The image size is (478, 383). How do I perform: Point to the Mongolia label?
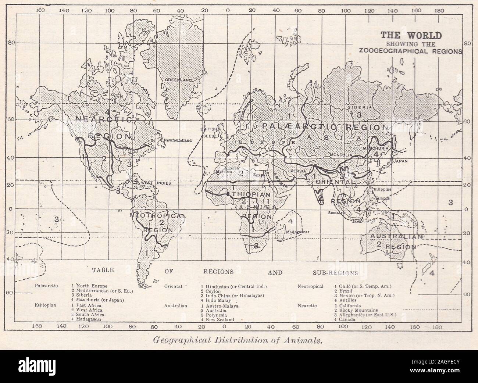(342, 155)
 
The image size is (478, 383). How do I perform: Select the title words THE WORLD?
(411, 36)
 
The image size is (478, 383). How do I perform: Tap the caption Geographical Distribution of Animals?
(239, 340)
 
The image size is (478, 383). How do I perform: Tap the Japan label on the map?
(401, 161)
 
